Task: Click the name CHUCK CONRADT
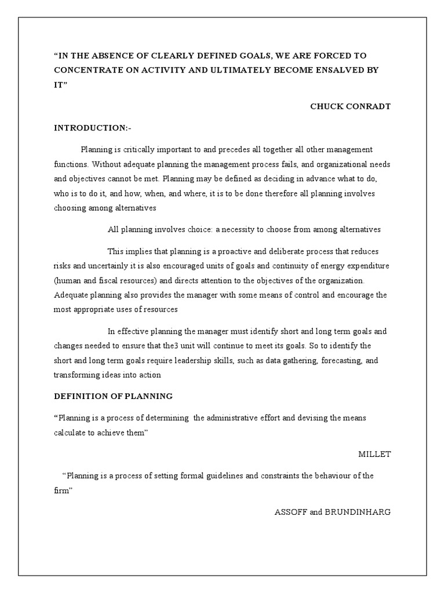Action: click(351, 106)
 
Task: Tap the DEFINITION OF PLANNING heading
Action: click(113, 396)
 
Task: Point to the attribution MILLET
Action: click(375, 454)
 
